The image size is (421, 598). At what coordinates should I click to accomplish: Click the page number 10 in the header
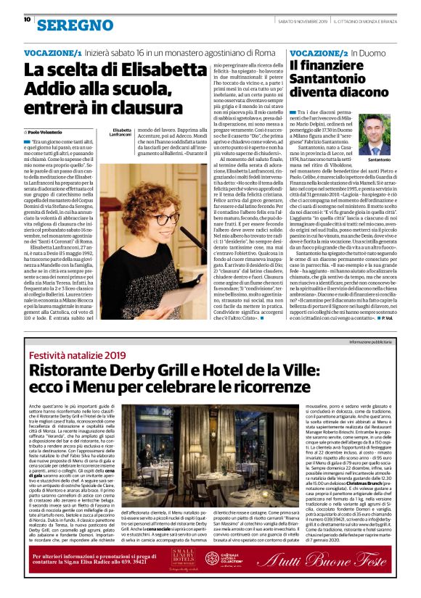pos(27,20)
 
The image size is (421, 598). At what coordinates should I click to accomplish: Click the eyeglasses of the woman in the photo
pos(165,220)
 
